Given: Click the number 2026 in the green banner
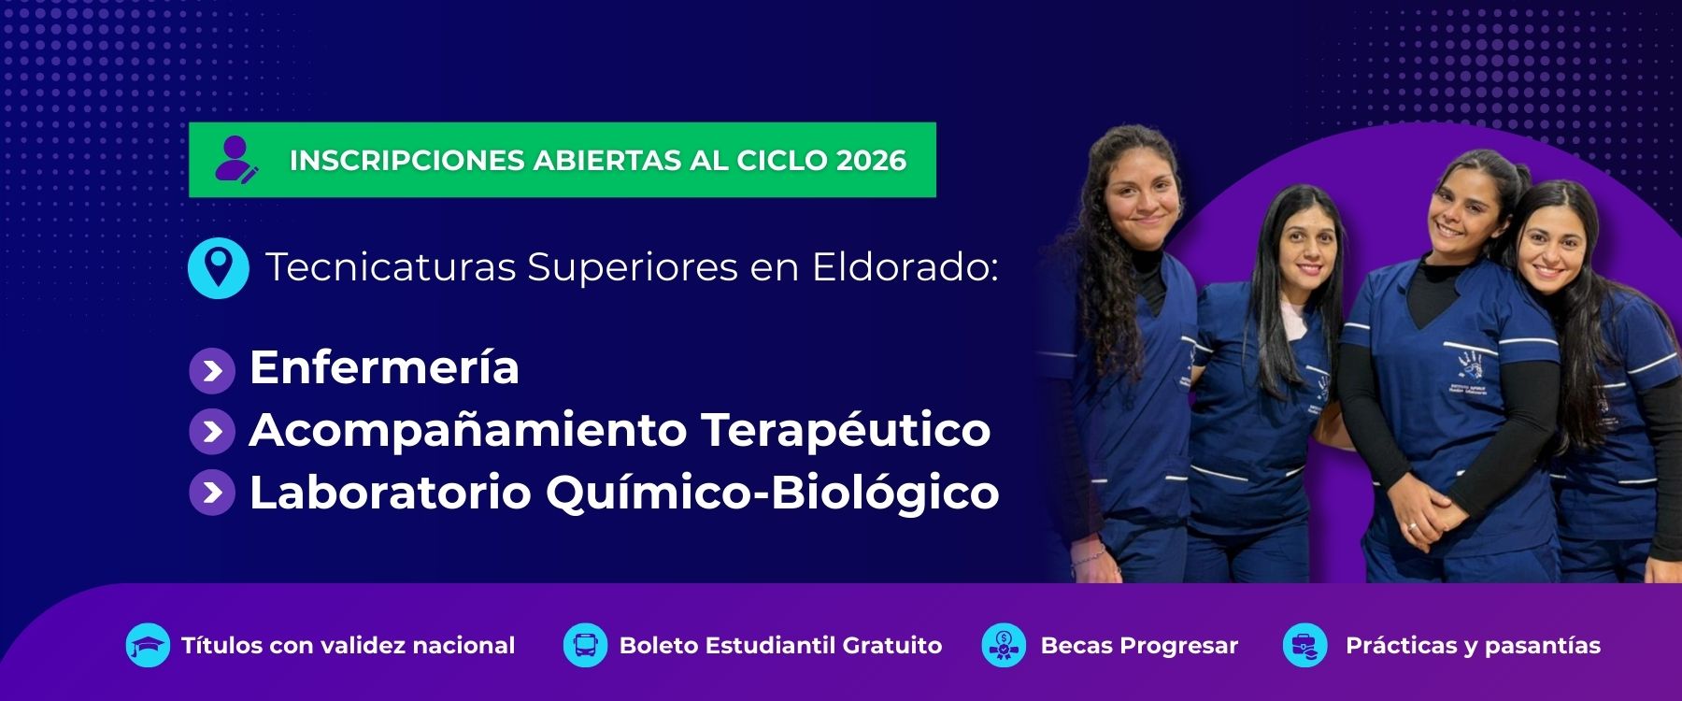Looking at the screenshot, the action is (871, 160).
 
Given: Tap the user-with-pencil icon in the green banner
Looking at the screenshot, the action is (235, 160).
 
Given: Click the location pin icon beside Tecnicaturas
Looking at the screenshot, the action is (219, 267).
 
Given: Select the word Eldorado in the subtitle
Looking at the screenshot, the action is (905, 267).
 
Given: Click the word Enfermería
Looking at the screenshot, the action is (384, 366).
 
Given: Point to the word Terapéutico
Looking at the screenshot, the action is (846, 431).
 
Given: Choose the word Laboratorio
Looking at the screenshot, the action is (390, 493).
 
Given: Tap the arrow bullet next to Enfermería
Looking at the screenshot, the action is (212, 371).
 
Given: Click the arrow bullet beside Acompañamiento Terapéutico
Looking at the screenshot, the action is (212, 432).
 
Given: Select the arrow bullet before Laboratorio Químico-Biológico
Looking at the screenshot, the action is (212, 493).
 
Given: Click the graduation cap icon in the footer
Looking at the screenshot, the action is (148, 645).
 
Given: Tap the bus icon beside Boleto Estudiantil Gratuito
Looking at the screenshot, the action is (586, 645).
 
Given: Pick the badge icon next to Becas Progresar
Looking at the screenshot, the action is (1005, 645).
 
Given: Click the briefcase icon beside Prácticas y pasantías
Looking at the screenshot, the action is (1305, 645).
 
